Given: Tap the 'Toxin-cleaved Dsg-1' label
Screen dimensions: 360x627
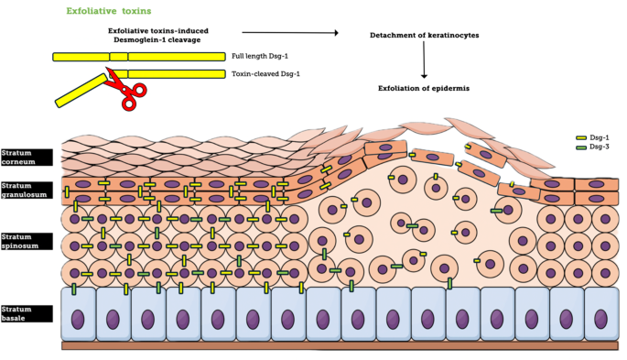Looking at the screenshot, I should [265, 73].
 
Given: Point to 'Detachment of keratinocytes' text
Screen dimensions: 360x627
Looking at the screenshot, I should [424, 35].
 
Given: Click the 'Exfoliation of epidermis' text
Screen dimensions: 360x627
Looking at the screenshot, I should [424, 89].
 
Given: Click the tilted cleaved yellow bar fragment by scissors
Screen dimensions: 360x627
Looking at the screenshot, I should [80, 91].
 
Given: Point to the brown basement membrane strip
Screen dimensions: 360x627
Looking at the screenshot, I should [339, 346].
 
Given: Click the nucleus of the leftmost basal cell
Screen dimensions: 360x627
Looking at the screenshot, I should [79, 318].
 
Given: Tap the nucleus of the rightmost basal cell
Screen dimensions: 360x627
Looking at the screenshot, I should [600, 318].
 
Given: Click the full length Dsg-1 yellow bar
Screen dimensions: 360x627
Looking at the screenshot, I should [137, 57].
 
